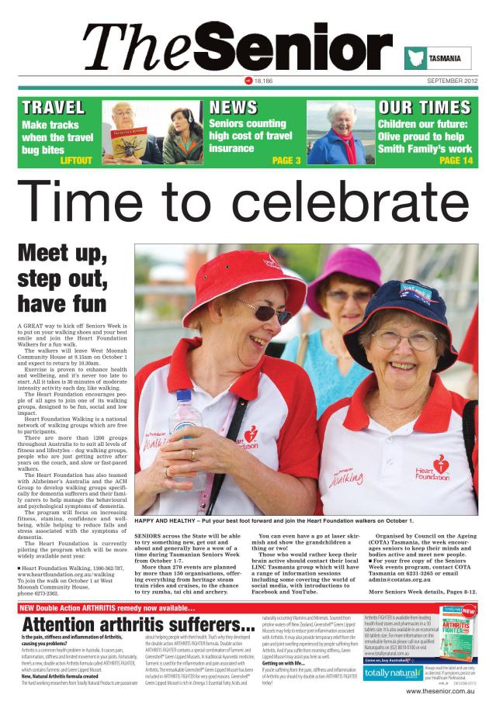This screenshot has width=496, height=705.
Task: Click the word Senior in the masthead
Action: click(x=294, y=45)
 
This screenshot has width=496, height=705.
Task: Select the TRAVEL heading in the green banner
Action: click(x=53, y=107)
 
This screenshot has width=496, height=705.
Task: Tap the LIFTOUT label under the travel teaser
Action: click(x=75, y=161)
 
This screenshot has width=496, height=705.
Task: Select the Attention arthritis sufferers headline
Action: click(x=139, y=624)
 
